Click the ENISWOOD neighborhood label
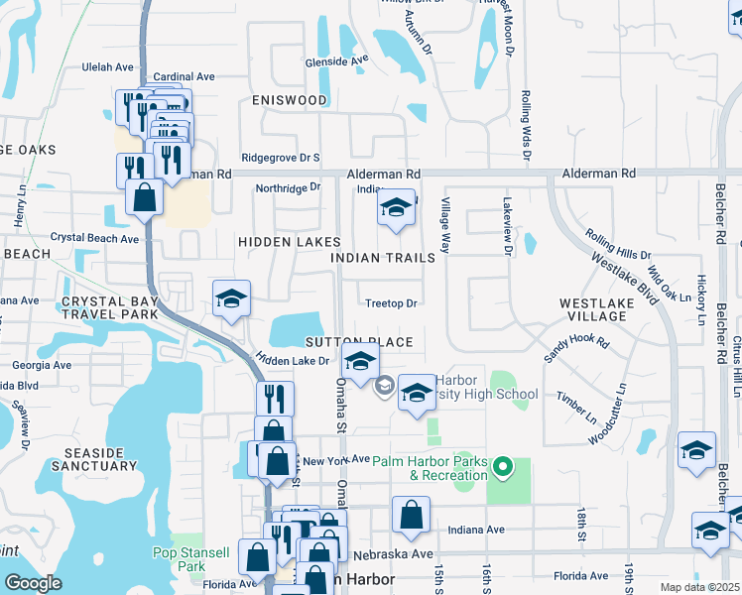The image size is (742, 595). [289, 101]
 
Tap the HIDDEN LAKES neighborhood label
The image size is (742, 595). [289, 242]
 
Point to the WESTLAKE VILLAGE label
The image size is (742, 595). [592, 309]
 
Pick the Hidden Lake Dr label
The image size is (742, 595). [292, 360]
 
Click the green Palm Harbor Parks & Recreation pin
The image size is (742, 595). [503, 465]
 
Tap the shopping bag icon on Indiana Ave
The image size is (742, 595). [411, 516]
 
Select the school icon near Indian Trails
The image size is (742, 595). [396, 208]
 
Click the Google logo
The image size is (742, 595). [33, 583]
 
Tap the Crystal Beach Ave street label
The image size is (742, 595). [94, 239]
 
